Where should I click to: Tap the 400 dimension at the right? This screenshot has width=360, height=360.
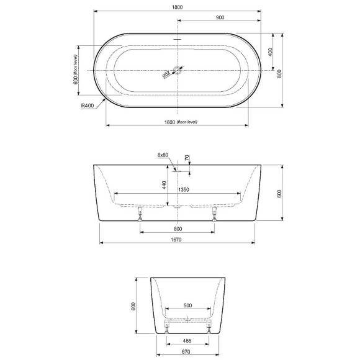point(271,52)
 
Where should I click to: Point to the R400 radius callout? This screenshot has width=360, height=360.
point(88,106)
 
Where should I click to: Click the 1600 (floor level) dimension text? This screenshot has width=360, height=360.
point(178,122)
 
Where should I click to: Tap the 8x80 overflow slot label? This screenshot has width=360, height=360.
point(163,155)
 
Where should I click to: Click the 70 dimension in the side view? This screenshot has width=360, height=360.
point(187,159)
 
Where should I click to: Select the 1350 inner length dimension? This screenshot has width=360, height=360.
point(184,189)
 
